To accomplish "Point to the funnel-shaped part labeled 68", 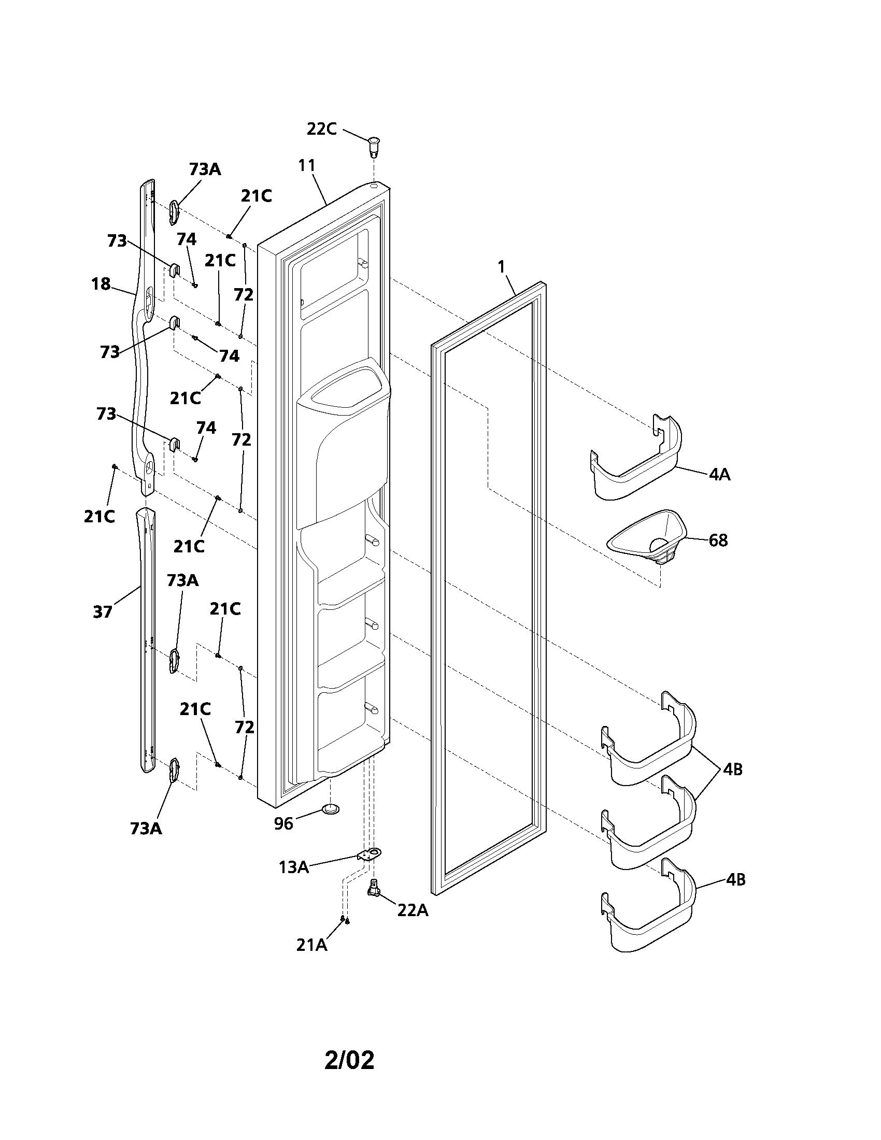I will pos(647,537).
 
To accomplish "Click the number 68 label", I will pos(718,540).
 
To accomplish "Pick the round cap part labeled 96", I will pos(330,809).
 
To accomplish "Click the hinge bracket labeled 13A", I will pos(370,854).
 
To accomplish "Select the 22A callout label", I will pos(413,910).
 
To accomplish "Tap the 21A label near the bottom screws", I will pos(311,945).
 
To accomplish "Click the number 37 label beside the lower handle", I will pos(102,612).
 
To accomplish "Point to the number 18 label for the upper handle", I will pos(101,284).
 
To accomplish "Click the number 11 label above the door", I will pos(307,165).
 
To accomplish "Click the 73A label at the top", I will pos(205,169).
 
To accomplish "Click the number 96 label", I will pos(284,824).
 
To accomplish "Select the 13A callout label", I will pos(293,867).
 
